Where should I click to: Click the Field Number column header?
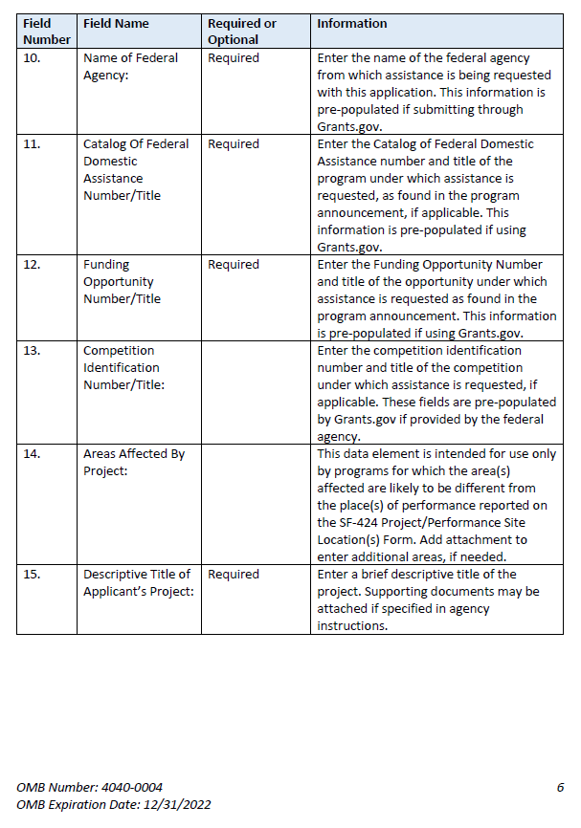pos(46,31)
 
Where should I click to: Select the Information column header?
pos(352,23)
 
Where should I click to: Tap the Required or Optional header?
pos(242,31)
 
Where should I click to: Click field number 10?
pos(32,58)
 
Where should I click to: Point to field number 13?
pos(32,351)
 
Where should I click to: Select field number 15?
pos(32,575)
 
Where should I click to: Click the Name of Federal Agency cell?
pos(130,66)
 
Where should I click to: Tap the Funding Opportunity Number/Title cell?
pos(122,281)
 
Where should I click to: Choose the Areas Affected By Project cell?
pos(133,462)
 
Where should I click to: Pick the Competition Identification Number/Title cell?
pos(123,367)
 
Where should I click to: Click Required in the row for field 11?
pos(234,144)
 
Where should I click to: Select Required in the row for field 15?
pos(234,575)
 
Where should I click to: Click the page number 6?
pos(560,787)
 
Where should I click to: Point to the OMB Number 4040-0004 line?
pos(89,787)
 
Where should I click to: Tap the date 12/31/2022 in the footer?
pos(176,804)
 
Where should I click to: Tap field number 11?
pos(32,144)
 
